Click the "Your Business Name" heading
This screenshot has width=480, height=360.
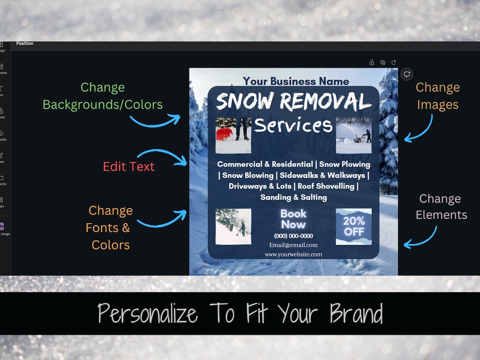tap(296, 81)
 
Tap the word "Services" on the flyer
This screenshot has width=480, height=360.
tap(293, 125)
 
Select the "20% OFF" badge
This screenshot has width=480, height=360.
tap(353, 227)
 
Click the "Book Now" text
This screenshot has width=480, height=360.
tap(293, 219)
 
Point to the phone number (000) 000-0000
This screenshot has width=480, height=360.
tap(293, 236)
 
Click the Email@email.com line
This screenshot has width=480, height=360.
tap(293, 245)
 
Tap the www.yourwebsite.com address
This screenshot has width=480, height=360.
tap(293, 254)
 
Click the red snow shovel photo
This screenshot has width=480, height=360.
tap(233, 135)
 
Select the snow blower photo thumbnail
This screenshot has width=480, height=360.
tap(353, 135)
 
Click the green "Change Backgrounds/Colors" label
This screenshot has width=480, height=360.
tap(103, 96)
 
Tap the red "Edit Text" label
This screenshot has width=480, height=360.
tap(129, 166)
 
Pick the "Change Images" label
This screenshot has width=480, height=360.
tap(437, 96)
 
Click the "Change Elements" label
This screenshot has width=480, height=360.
tap(441, 207)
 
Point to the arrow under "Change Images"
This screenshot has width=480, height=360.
tap(419, 129)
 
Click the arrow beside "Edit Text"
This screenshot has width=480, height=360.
tap(162, 157)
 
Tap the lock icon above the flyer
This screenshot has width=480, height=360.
tap(371, 62)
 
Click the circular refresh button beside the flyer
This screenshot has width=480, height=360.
tap(407, 74)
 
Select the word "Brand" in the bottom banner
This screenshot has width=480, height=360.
tap(356, 314)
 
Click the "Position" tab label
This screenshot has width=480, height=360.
tap(24, 43)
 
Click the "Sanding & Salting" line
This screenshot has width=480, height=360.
tap(293, 197)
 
